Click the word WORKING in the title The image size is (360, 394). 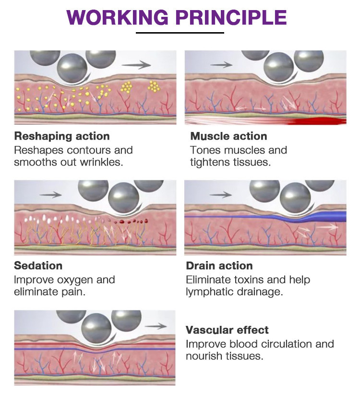(118, 17)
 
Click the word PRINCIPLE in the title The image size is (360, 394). (231, 17)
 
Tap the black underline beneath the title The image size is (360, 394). (180, 33)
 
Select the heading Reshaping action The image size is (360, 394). (62, 136)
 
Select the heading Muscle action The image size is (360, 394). (228, 136)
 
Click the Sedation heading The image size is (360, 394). (38, 265)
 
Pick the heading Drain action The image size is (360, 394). (219, 265)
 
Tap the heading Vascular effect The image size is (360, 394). (227, 330)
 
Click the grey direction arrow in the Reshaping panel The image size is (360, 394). (136, 65)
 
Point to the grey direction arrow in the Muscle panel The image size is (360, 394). (221, 65)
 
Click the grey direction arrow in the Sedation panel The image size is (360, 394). (50, 194)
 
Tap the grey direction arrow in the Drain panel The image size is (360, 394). (221, 194)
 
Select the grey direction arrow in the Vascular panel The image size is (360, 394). (156, 326)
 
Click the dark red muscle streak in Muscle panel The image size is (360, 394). (317, 121)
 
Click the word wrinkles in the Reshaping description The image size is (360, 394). (102, 162)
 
